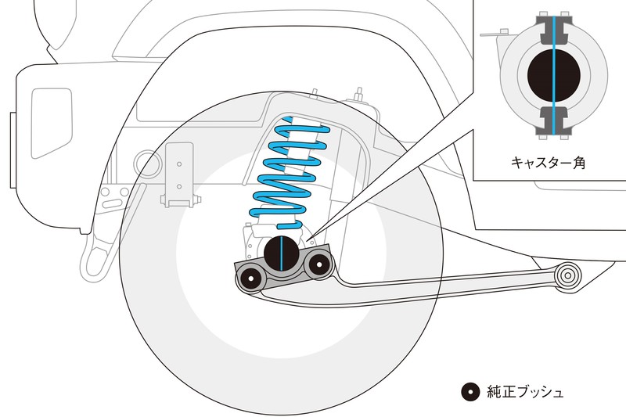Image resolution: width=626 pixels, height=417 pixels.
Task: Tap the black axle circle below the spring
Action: coord(282,252)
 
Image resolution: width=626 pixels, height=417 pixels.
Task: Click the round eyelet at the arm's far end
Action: coord(567,275)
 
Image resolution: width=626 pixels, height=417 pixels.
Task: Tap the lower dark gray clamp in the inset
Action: coord(553,119)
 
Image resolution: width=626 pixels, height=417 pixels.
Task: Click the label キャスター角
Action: coord(548,163)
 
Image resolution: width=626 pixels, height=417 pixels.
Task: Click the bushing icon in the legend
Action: coord(469,391)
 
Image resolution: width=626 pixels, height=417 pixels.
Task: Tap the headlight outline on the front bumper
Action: coord(51,109)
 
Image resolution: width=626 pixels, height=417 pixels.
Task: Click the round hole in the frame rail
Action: coord(146,163)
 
